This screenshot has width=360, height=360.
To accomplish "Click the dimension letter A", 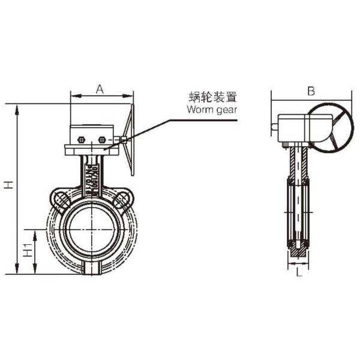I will (x=100, y=89).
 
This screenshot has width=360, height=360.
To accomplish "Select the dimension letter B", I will (x=310, y=91).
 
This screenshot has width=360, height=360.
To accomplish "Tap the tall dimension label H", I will (x=8, y=187).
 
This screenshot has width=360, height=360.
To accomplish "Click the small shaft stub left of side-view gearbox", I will (x=274, y=127).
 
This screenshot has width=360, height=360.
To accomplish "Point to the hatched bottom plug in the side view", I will (x=298, y=254).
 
